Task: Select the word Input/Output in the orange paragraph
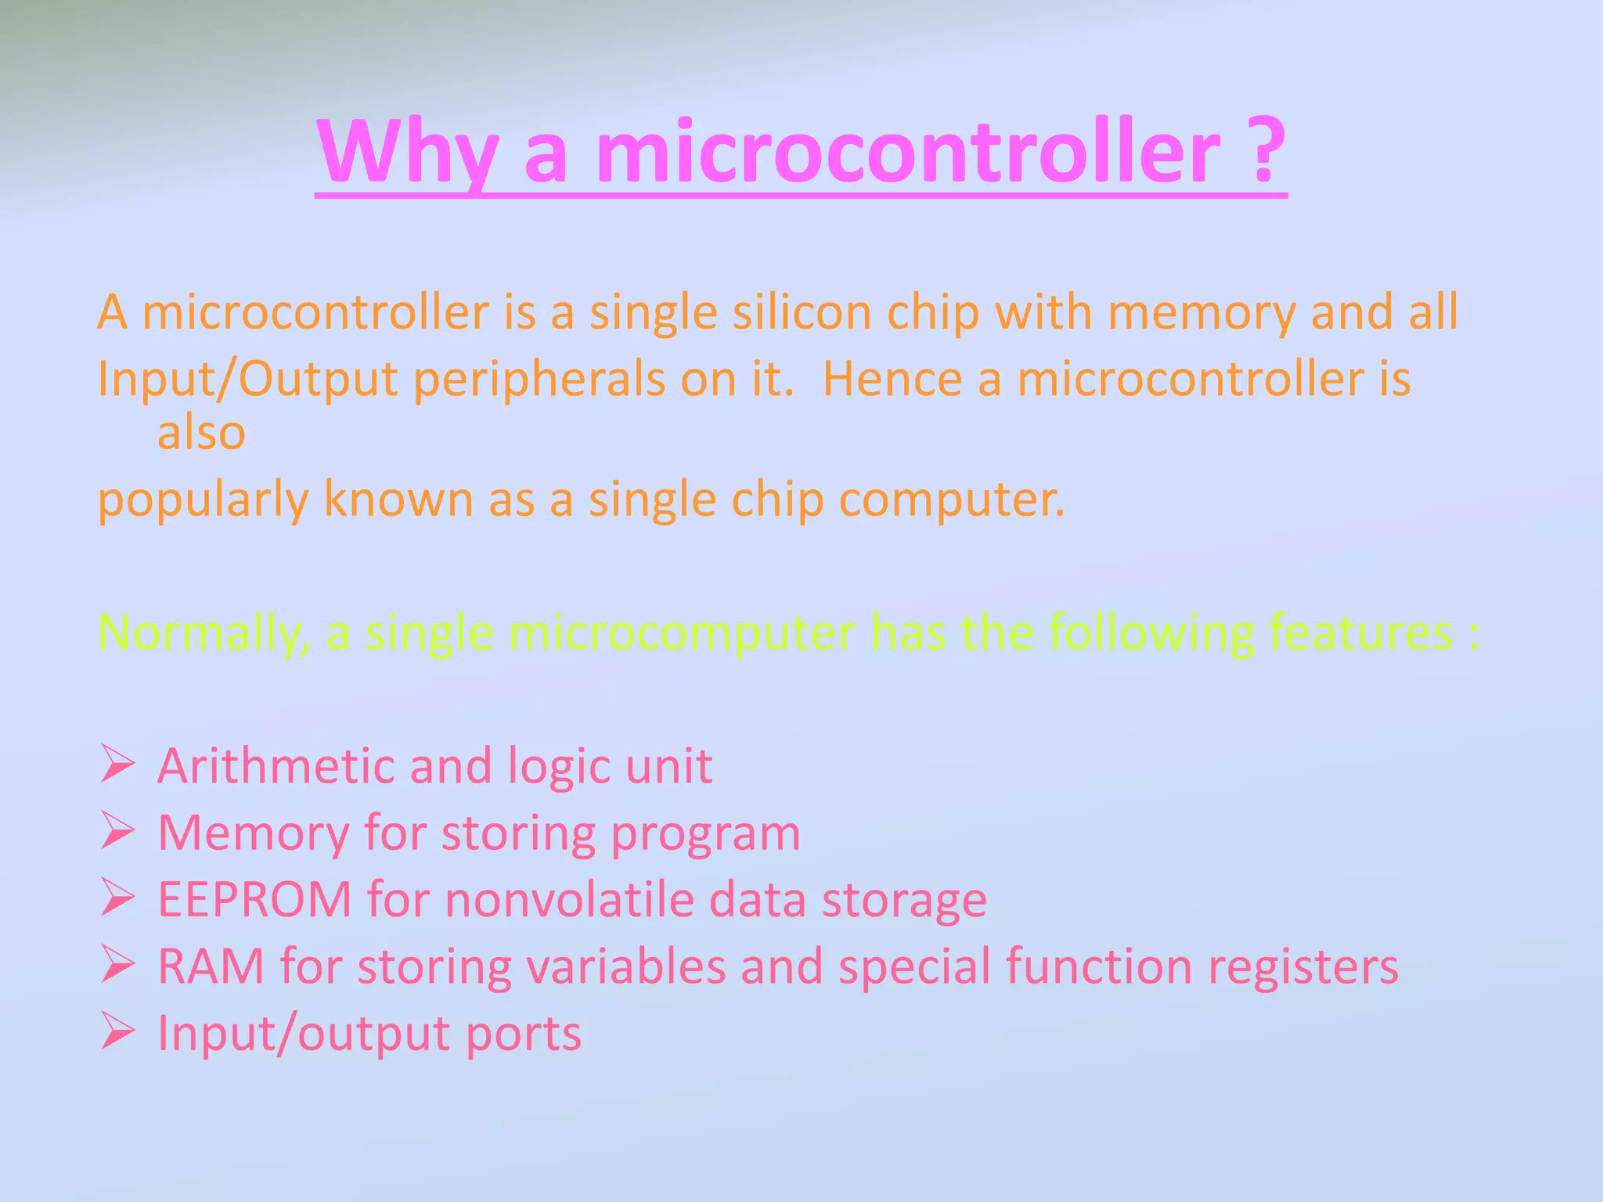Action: tap(247, 380)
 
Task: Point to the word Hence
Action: tap(892, 379)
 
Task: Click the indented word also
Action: tap(201, 432)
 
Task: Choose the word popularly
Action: tap(203, 500)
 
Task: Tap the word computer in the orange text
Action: tap(950, 500)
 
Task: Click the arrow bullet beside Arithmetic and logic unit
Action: tap(117, 765)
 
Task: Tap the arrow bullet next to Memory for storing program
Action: tap(117, 832)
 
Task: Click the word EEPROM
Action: tap(254, 899)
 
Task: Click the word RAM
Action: tap(211, 966)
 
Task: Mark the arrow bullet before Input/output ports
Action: tap(117, 1033)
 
